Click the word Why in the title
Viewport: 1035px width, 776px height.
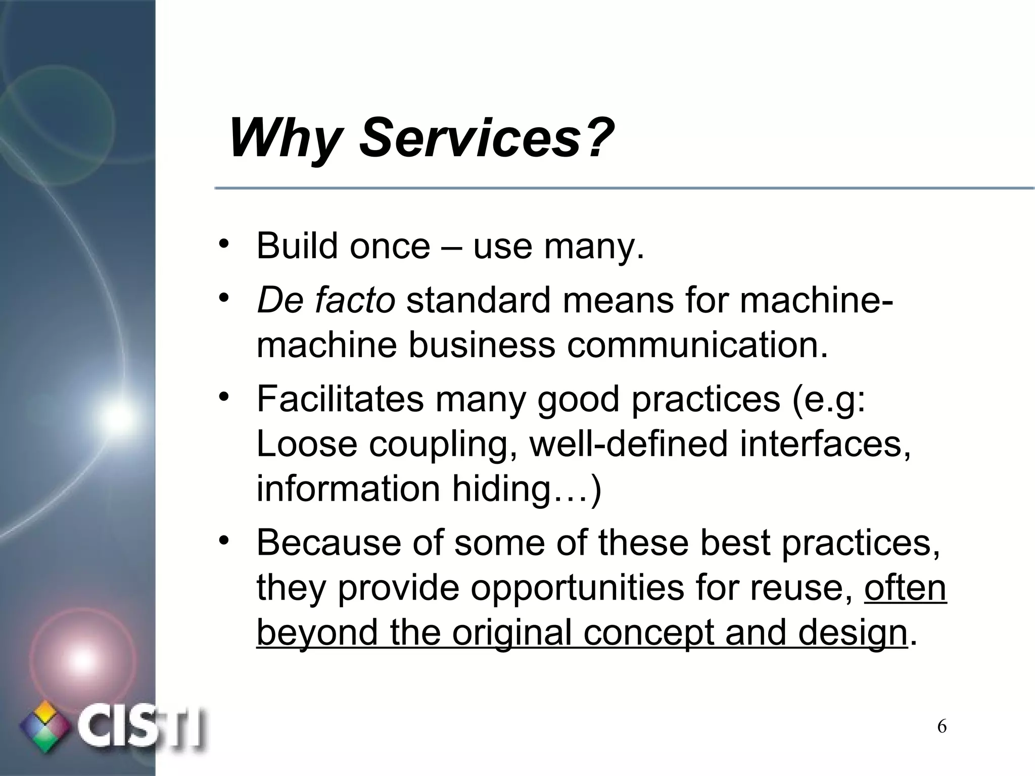283,137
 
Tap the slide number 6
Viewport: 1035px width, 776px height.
942,727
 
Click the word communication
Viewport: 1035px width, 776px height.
697,345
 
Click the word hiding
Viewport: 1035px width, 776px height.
500,489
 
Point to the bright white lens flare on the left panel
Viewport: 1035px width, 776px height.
117,417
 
